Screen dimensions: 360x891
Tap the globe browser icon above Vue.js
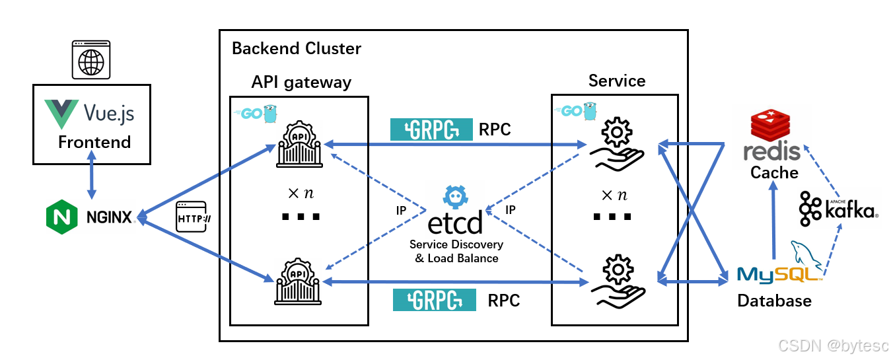tap(91, 61)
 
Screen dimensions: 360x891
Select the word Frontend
tap(94, 142)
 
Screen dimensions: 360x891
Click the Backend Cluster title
tap(297, 48)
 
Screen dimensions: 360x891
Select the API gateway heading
tap(301, 82)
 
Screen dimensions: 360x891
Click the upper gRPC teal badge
tap(431, 129)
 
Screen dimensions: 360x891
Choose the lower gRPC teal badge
tap(435, 300)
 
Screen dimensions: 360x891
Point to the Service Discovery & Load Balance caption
tap(456, 251)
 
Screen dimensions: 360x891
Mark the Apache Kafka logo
tap(838, 209)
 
